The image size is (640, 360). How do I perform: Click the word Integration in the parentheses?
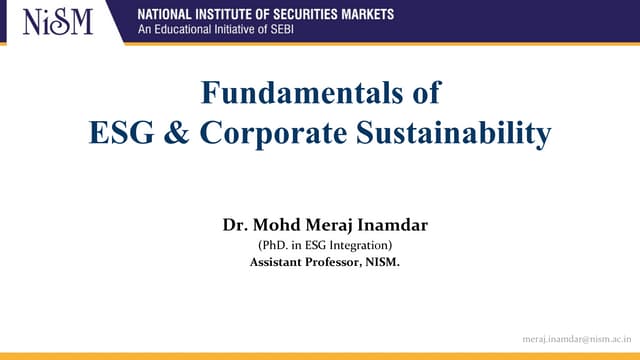coord(358,245)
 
